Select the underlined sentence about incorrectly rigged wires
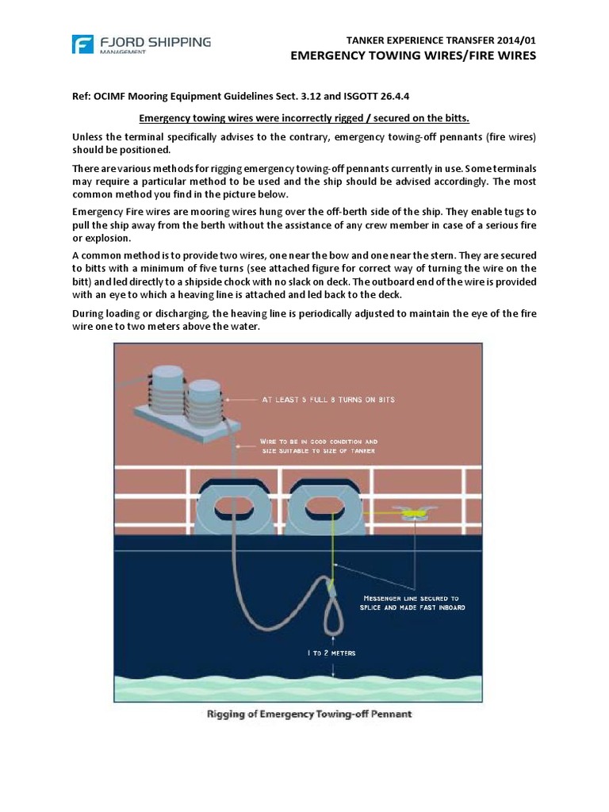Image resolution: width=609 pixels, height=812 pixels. click(304, 119)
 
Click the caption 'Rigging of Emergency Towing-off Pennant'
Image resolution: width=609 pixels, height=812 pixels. click(309, 714)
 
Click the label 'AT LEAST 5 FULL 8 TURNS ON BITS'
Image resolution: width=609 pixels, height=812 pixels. click(328, 400)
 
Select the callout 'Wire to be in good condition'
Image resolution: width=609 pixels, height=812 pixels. click(319, 441)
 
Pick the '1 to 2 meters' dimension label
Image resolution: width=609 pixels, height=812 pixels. click(332, 653)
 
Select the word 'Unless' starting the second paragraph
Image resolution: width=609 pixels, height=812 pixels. click(90, 137)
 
